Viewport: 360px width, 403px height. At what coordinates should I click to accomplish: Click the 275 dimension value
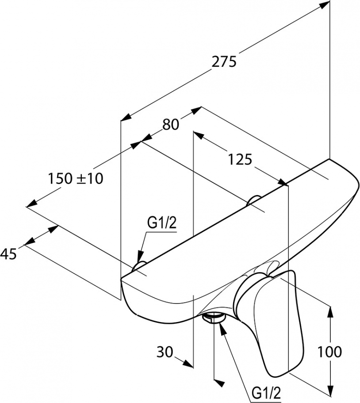224,62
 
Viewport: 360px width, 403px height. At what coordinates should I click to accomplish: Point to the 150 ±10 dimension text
75,179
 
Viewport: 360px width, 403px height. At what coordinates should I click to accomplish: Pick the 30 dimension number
165,352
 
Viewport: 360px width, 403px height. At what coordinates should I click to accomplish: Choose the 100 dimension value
330,352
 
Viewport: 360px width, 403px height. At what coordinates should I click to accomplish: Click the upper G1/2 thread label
161,223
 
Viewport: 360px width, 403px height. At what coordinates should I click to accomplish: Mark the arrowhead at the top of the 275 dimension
325,5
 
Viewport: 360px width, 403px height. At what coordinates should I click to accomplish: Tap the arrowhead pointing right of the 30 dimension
189,364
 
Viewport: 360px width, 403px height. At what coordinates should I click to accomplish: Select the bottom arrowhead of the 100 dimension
331,390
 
